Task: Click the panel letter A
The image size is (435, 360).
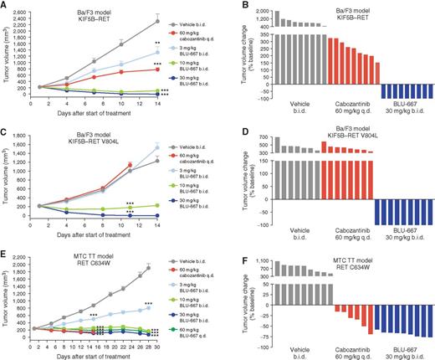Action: click(x=5, y=6)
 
